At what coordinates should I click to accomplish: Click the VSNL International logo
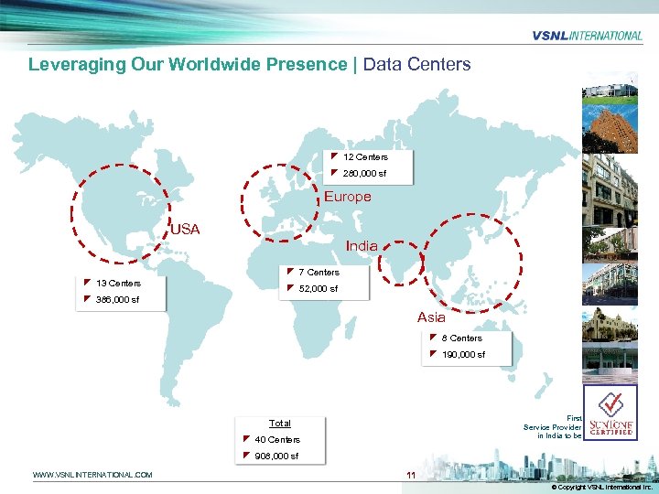[587, 36]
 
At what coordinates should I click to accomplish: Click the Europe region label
[348, 197]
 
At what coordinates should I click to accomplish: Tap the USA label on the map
[185, 229]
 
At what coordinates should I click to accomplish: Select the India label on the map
[362, 246]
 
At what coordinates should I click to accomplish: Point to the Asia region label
[431, 317]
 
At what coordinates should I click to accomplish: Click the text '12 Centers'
[365, 157]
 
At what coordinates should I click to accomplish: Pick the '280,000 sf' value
[364, 174]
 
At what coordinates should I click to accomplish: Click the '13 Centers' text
[118, 284]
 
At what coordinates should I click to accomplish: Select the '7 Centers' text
[319, 273]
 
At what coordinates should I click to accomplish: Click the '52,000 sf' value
[318, 289]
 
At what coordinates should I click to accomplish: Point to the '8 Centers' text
[461, 338]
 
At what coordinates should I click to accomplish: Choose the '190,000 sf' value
[463, 355]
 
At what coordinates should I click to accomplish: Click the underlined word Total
[280, 424]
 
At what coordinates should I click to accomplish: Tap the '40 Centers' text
[277, 440]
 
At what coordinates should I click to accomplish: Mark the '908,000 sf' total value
[276, 456]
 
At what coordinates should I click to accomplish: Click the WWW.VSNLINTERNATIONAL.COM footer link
[92, 475]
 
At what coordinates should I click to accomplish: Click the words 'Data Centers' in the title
[417, 65]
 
